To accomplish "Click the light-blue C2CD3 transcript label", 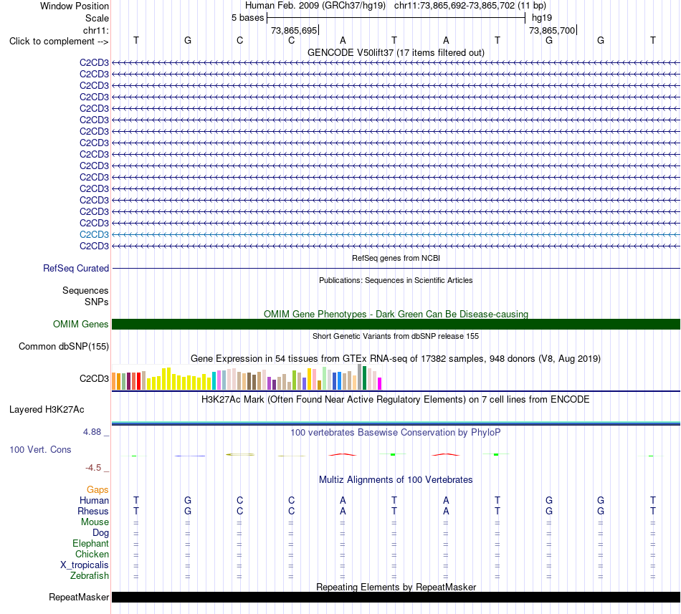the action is click(94, 235).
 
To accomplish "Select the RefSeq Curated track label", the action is click(76, 269).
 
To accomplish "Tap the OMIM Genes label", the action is click(81, 324).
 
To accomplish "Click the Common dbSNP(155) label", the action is click(64, 347).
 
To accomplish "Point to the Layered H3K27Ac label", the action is click(47, 410).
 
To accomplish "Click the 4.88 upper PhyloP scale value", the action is click(92, 432).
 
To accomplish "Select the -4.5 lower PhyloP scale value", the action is click(93, 468).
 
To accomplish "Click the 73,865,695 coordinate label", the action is click(294, 30).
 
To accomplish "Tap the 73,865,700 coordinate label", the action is click(552, 30).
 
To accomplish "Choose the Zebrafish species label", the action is click(90, 576).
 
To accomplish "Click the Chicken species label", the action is click(92, 555).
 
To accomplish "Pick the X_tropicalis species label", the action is click(85, 565).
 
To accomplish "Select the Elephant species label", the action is click(91, 544).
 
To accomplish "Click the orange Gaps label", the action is click(97, 490).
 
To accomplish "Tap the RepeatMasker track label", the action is click(79, 598).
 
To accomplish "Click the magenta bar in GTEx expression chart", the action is click(379, 383).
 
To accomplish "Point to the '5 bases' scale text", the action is click(247, 18).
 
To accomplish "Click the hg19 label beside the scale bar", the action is click(542, 18).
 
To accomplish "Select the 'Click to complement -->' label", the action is click(59, 42).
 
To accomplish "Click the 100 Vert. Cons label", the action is click(40, 450).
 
